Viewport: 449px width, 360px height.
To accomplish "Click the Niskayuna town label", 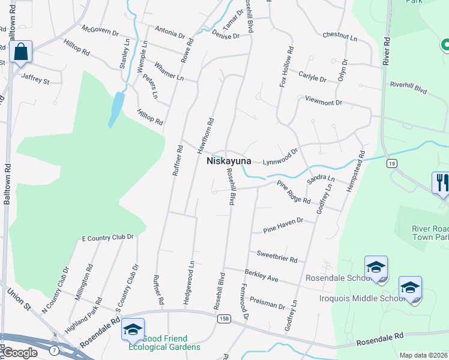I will [233, 161].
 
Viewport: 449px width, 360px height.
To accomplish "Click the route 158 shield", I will [223, 318].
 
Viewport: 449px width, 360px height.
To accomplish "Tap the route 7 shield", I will [55, 349].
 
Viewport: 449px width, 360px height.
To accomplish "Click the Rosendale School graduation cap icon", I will [376, 267].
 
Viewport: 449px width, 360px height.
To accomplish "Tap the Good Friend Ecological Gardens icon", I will [133, 329].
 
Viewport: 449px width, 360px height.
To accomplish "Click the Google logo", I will [19, 353].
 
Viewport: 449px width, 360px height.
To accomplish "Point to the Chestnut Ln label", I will [340, 37].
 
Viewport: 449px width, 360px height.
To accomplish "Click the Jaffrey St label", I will [35, 79].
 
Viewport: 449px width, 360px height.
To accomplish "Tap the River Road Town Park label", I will [430, 233].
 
